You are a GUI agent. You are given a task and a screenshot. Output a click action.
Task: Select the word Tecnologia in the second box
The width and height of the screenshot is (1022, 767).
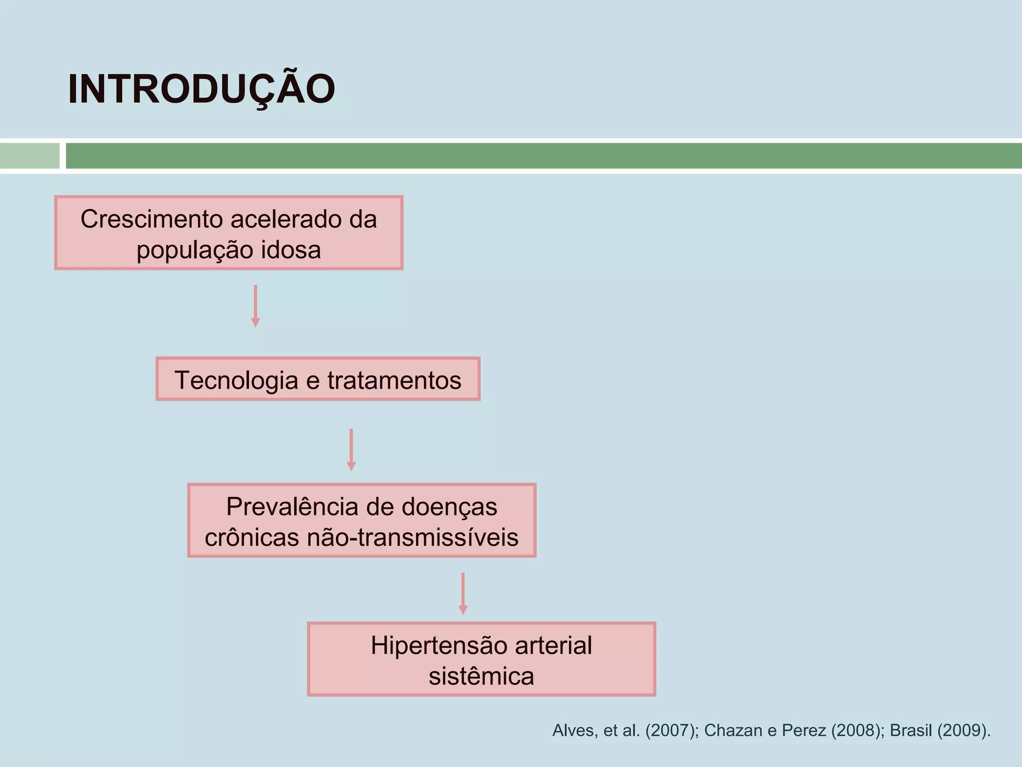(236, 380)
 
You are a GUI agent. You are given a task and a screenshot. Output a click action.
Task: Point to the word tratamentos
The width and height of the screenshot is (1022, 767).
(394, 380)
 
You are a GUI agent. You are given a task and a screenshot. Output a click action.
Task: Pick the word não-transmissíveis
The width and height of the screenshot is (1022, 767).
(413, 538)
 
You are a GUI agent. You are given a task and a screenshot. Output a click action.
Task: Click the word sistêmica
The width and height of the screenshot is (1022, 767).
(481, 677)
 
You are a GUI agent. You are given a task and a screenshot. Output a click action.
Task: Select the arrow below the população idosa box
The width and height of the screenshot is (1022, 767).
(255, 306)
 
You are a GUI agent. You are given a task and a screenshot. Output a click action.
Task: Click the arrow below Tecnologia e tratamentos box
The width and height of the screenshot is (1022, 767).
(351, 449)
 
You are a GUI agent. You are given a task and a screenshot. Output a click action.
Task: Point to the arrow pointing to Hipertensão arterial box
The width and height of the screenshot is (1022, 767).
(463, 593)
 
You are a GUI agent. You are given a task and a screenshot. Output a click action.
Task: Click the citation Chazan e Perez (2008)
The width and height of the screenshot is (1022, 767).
(791, 731)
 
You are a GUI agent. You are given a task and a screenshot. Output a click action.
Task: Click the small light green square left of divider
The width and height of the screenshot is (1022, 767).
(29, 156)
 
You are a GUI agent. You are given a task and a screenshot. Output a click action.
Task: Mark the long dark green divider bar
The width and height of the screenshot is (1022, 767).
(543, 156)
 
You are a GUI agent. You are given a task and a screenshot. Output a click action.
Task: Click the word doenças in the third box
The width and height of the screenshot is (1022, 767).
(449, 507)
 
